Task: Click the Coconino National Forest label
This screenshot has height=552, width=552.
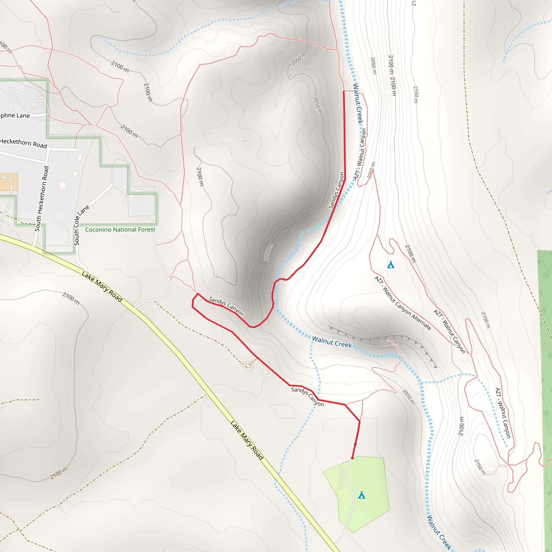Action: pos(120,230)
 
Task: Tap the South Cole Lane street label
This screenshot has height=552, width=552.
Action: pos(81,225)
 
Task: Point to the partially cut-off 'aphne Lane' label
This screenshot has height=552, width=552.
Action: pos(14,115)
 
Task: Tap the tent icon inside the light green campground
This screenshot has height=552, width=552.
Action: pos(362,495)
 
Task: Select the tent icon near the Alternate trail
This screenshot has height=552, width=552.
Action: pos(391,265)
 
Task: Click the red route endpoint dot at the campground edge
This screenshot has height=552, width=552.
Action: pos(352,458)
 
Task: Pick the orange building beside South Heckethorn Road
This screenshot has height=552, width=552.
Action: pos(9,182)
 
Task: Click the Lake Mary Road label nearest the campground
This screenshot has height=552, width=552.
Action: pos(247,440)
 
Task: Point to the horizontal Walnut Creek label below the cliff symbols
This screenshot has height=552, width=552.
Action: pos(332,342)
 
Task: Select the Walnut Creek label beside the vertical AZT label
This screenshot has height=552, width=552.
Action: pos(358,103)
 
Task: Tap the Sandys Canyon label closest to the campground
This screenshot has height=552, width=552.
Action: pos(308,396)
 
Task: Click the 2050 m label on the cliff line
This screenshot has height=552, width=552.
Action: pos(389,343)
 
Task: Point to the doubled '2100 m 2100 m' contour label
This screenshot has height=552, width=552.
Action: pos(392,75)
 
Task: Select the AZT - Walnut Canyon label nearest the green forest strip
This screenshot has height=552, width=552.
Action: pos(503,413)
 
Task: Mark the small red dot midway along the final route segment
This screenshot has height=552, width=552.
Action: pos(355,444)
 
